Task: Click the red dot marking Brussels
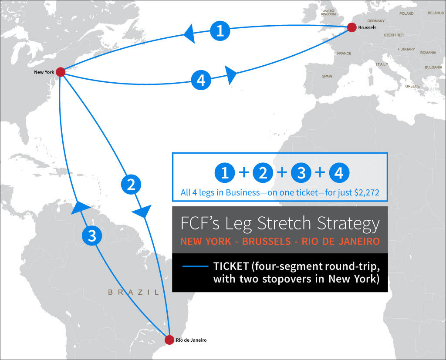pyautogui.click(x=352, y=27)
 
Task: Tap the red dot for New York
pyautogui.click(x=61, y=72)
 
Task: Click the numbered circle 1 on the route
pyautogui.click(x=220, y=30)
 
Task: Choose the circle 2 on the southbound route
pyautogui.click(x=131, y=185)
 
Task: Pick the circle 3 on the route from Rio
pyautogui.click(x=92, y=236)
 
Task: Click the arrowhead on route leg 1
pyautogui.click(x=189, y=33)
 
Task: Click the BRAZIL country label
pyautogui.click(x=133, y=293)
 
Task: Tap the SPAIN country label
pyautogui.click(x=327, y=76)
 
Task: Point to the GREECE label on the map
pyautogui.click(x=412, y=86)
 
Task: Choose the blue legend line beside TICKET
pyautogui.click(x=195, y=266)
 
